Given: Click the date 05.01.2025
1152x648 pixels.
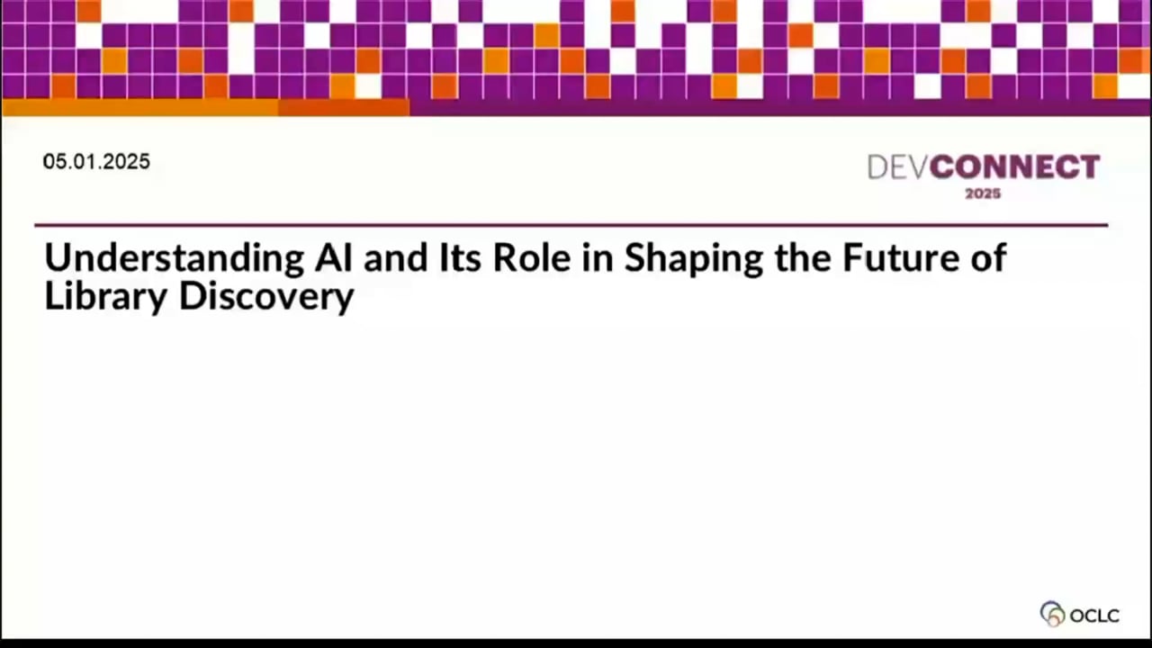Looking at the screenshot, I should pos(96,162).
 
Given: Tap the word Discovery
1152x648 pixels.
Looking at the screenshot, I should pos(267,298).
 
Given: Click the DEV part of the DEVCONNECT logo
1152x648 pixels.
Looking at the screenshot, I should pos(897,167).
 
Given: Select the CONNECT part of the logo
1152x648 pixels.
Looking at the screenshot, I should pos(1014,167).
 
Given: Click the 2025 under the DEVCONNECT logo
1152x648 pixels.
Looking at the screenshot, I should pos(983,193).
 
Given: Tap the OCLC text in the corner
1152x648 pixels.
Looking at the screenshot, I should pos(1094,616).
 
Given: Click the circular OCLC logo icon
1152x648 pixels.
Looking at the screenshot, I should pos(1052,614).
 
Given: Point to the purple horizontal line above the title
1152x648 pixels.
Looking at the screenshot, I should pos(571,225).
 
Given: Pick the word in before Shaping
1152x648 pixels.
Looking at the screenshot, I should pos(600,258).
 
